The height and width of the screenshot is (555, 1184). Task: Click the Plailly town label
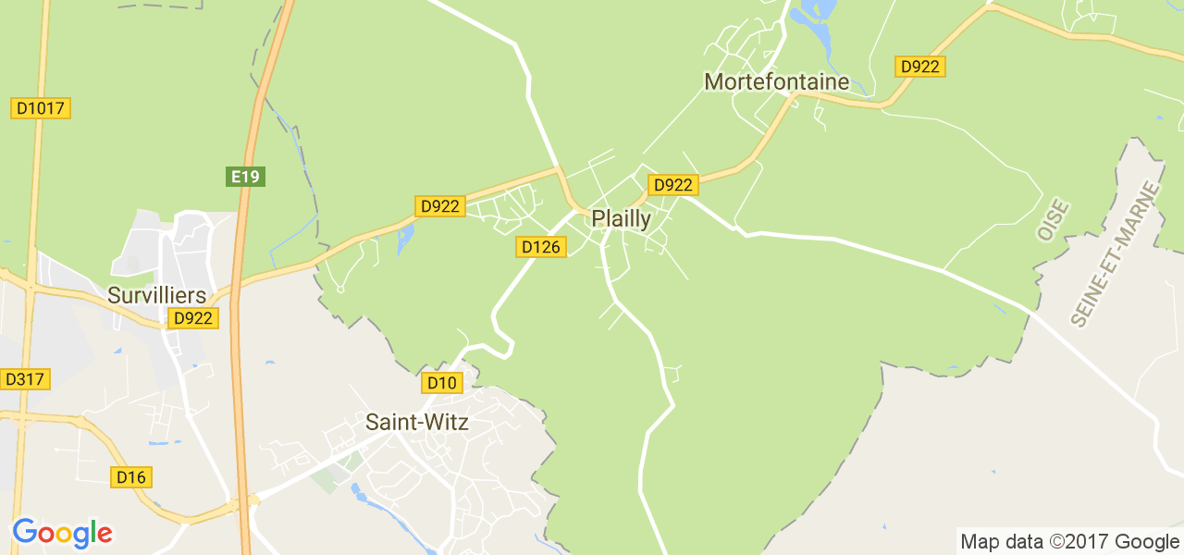click(x=621, y=219)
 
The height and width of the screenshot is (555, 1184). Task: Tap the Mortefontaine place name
click(x=776, y=81)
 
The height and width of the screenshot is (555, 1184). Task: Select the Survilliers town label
click(x=156, y=295)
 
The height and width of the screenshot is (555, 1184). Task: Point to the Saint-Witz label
click(x=416, y=423)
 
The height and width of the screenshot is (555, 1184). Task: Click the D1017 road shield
click(x=41, y=108)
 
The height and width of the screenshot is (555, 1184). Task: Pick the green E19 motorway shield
click(x=245, y=176)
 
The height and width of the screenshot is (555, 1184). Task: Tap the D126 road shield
click(x=541, y=247)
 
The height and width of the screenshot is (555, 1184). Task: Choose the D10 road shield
click(x=442, y=383)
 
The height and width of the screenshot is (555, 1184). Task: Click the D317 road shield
click(x=25, y=379)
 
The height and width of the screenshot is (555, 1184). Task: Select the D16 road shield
click(x=131, y=477)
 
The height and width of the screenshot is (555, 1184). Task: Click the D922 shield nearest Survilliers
click(x=193, y=318)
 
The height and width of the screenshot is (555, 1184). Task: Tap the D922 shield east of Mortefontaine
click(x=920, y=67)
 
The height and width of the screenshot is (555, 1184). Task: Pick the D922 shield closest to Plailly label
click(x=672, y=185)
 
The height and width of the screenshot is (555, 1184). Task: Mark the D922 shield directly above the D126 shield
click(x=438, y=206)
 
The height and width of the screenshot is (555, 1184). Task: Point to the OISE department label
click(x=1053, y=220)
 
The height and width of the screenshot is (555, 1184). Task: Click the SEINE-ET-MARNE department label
click(x=1115, y=253)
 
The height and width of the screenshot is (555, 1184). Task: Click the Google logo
click(x=62, y=534)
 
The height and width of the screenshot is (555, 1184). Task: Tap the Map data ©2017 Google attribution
click(x=1069, y=542)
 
